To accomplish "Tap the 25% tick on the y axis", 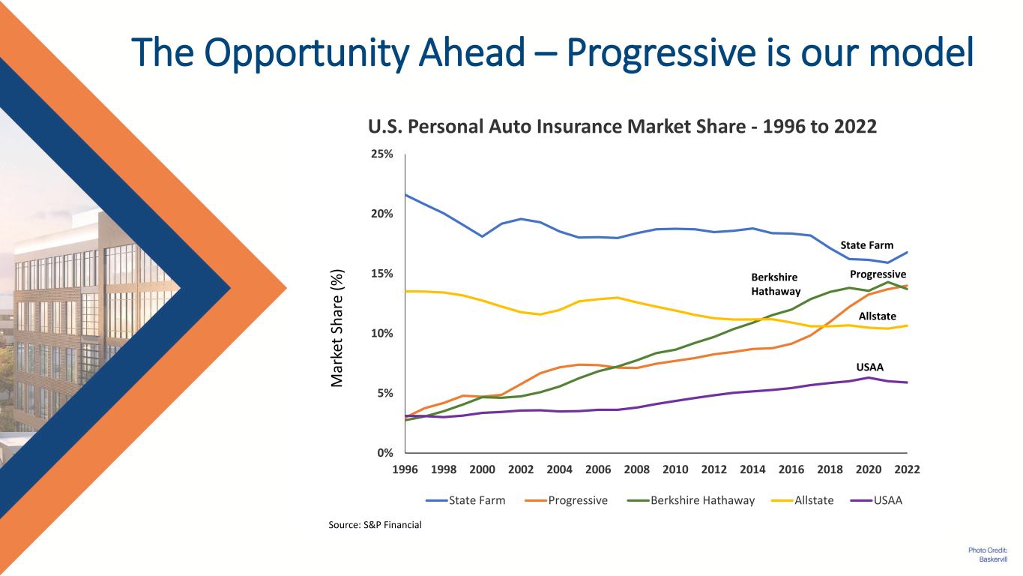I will pos(383,154).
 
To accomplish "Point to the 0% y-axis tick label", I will pos(386,453).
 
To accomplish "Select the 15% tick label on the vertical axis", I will pos(383,274).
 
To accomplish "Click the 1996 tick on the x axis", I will pos(405,470).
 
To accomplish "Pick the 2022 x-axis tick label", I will pos(907,470).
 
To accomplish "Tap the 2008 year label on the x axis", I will pos(636,470).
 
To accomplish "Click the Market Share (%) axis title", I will pos(338,327).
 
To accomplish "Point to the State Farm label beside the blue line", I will pos(866,245).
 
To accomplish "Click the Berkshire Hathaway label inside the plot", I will pos(775,284).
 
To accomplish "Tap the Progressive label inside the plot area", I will pos(878,274).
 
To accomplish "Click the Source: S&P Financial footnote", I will pos(375,525).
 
